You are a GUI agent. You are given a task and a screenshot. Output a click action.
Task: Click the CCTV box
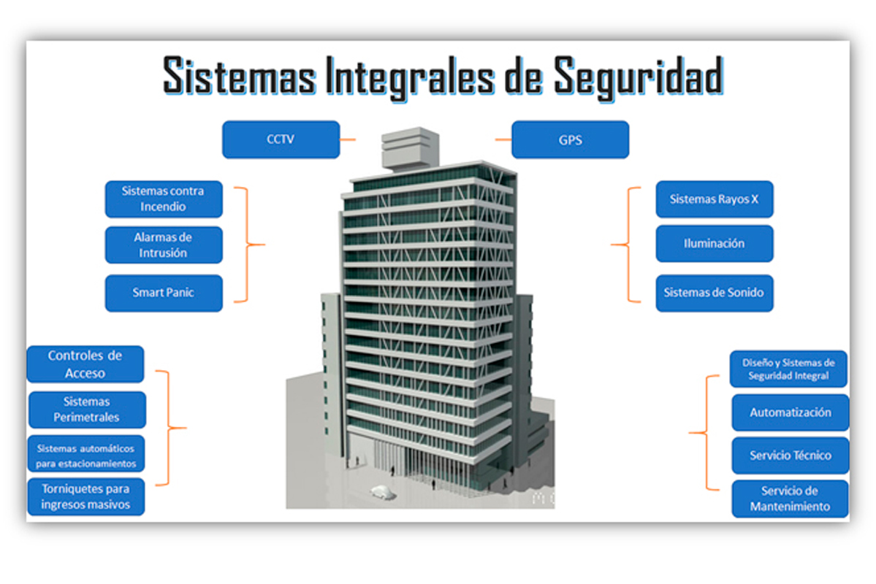tap(281, 139)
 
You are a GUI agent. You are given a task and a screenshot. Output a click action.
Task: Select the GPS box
tap(571, 139)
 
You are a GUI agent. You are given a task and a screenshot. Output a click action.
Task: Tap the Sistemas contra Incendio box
tap(164, 199)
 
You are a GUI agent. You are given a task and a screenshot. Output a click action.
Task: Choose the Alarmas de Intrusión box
tap(164, 245)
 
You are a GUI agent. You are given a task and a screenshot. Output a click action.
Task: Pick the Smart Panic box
tap(164, 293)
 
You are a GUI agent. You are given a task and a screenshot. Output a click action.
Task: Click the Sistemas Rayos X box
tap(715, 199)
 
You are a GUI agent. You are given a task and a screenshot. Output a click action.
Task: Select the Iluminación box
tap(715, 243)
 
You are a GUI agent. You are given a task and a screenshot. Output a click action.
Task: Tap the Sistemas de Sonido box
tap(715, 293)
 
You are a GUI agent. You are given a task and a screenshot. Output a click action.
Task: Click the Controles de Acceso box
tap(85, 364)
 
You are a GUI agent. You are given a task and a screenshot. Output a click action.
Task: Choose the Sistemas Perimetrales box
tap(87, 410)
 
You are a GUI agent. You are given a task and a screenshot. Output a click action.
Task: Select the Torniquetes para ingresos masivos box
tap(86, 496)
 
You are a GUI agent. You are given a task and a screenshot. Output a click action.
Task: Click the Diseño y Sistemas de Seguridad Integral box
tap(788, 369)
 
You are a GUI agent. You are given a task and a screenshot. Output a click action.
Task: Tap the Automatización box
tap(791, 412)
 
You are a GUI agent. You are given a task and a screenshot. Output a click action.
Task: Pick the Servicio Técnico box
tap(791, 456)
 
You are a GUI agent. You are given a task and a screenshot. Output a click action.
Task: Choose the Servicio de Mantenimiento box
tap(790, 499)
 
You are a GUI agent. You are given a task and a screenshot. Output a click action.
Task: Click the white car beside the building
tap(383, 493)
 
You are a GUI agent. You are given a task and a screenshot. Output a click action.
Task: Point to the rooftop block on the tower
tap(410, 147)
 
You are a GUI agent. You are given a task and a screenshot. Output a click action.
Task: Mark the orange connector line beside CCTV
tap(348, 139)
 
